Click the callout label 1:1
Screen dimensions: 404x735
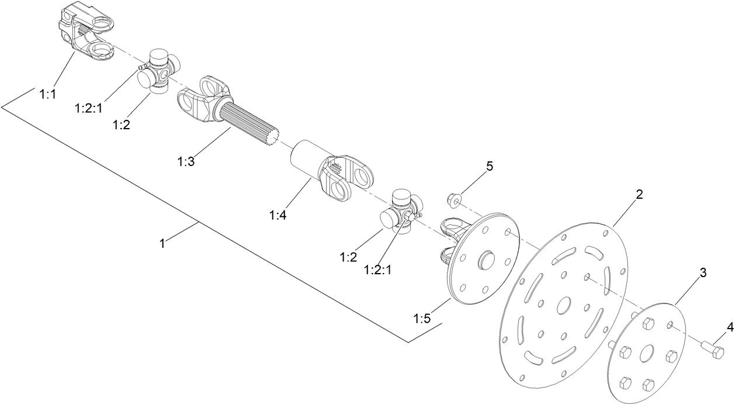(x=47, y=93)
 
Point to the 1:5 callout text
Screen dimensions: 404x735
(x=423, y=319)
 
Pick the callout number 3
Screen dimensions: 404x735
(x=703, y=272)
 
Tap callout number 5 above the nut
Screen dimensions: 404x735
(x=490, y=166)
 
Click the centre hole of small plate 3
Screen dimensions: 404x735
(x=647, y=354)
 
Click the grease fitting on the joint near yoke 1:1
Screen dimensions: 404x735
(x=141, y=68)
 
